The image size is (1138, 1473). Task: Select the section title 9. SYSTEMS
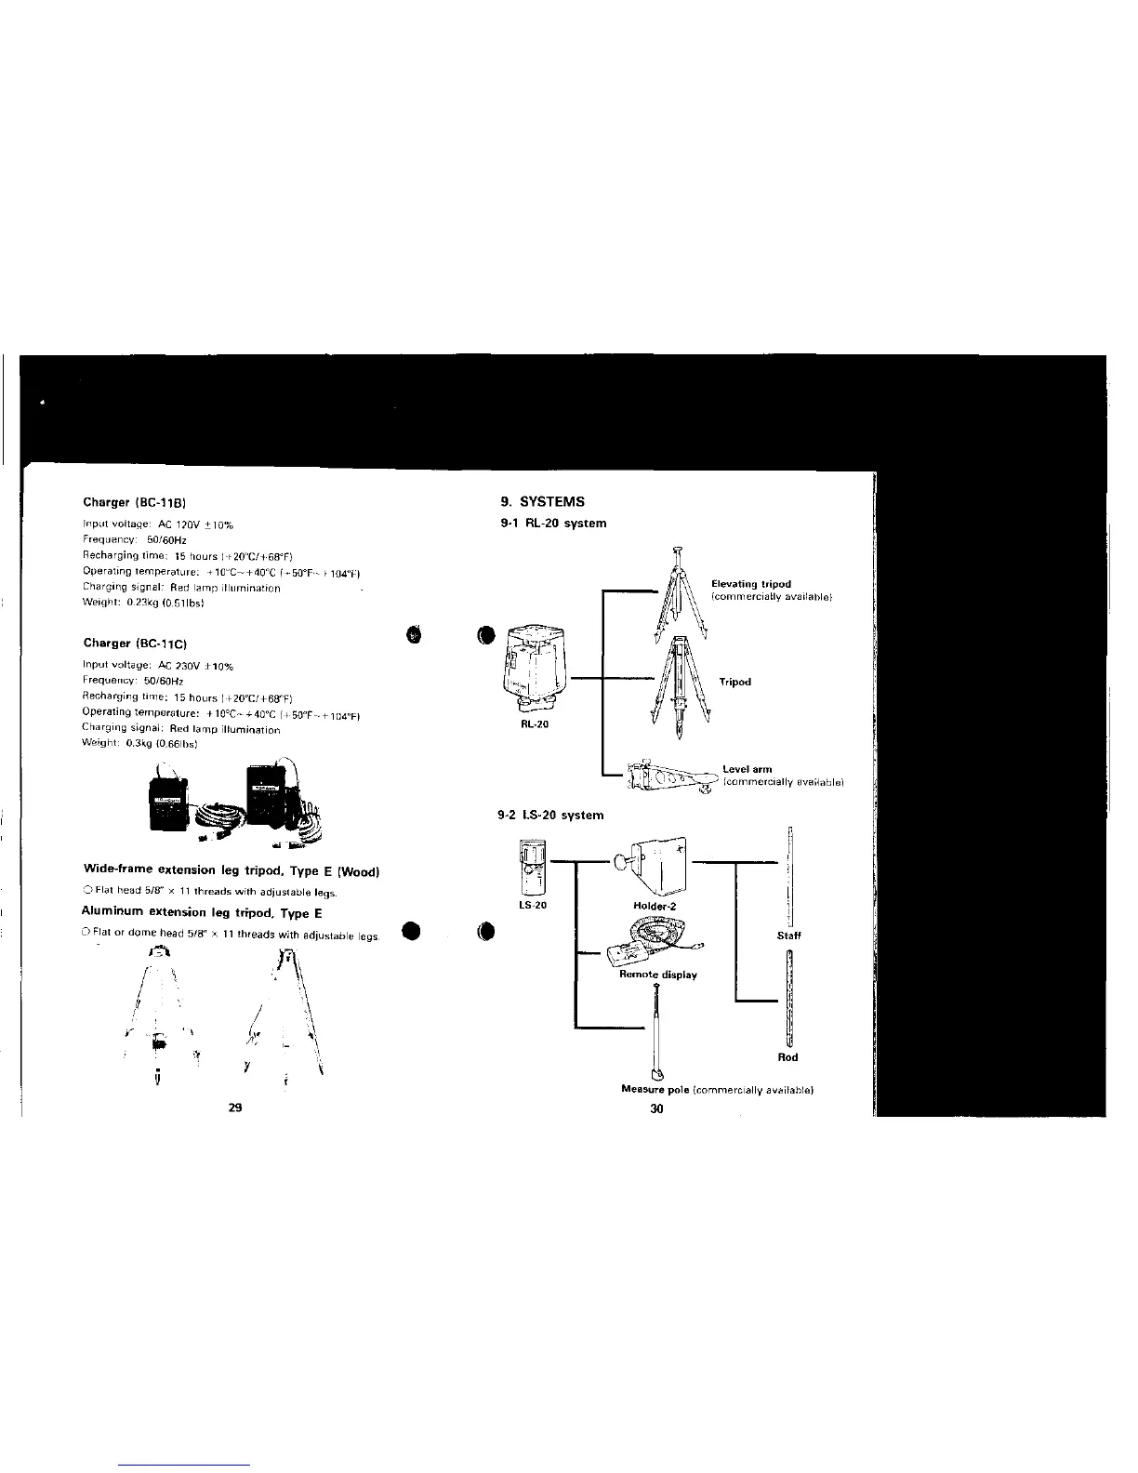(543, 502)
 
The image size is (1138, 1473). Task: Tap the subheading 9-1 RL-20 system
(554, 523)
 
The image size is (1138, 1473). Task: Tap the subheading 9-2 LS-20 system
(551, 815)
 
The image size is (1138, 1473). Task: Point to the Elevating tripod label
(751, 584)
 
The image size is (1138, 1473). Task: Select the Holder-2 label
(657, 904)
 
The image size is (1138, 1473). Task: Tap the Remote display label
(658, 975)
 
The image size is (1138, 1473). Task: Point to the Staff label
(788, 936)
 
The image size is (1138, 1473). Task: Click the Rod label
(788, 1056)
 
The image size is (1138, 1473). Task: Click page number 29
(234, 1108)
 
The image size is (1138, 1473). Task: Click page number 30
(656, 1108)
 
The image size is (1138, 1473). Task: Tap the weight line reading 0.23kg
(143, 603)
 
